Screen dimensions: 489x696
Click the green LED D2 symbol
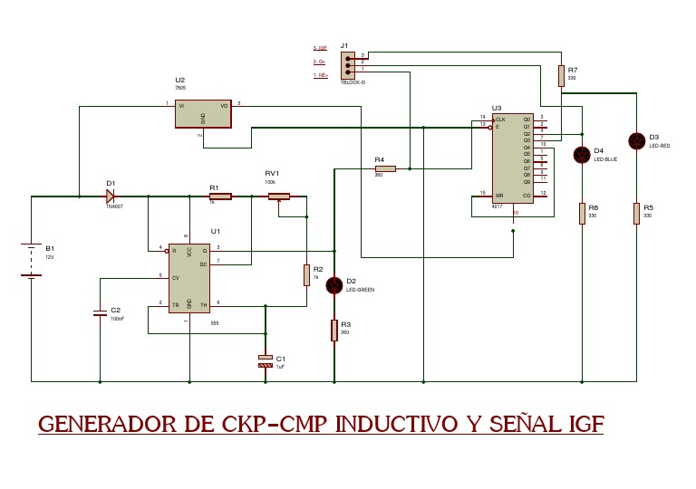334,285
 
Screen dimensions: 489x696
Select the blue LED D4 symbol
582,155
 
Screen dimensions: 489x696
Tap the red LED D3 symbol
637,140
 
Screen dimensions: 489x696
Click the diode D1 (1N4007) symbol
111,195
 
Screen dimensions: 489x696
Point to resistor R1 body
219,196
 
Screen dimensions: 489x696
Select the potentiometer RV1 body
277,196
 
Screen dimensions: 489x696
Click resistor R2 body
306,274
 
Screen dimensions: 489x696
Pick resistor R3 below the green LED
334,331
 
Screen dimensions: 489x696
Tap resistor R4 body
385,168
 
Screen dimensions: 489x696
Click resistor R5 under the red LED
637,214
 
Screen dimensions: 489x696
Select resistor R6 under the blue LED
582,214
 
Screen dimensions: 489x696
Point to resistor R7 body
561,75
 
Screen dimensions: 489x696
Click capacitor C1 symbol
266,361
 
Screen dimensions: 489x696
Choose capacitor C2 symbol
100,312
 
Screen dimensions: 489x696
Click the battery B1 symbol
32,261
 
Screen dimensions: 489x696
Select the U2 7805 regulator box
204,112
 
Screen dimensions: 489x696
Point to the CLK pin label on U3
501,119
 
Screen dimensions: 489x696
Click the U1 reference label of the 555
216,231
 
